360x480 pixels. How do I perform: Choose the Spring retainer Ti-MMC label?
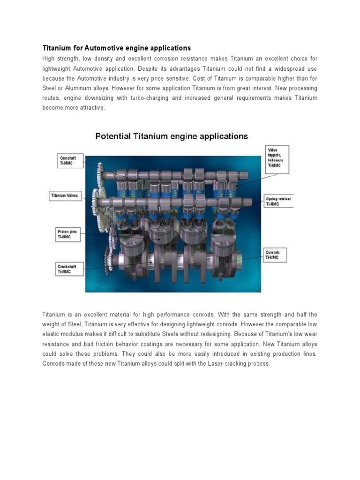pyautogui.click(x=279, y=202)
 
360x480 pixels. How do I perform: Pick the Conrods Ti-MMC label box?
pyautogui.click(x=274, y=255)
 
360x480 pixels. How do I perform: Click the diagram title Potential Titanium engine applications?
pyautogui.click(x=172, y=136)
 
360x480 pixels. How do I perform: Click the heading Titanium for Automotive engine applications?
pyautogui.click(x=117, y=48)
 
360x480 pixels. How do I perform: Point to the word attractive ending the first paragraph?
pyautogui.click(x=94, y=108)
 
